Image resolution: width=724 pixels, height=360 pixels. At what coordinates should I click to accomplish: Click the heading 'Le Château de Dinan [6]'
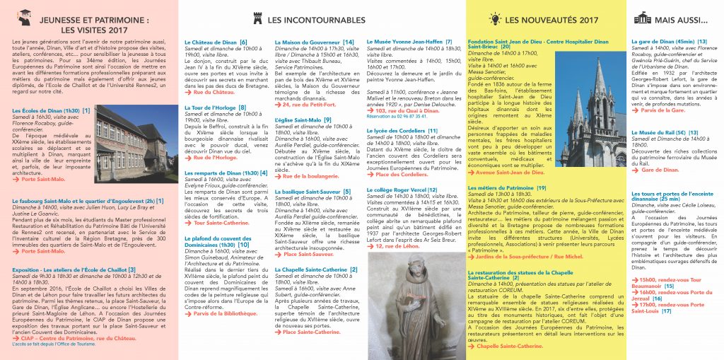point(216,42)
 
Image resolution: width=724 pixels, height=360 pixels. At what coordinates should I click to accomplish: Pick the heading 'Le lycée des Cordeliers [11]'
point(402,130)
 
